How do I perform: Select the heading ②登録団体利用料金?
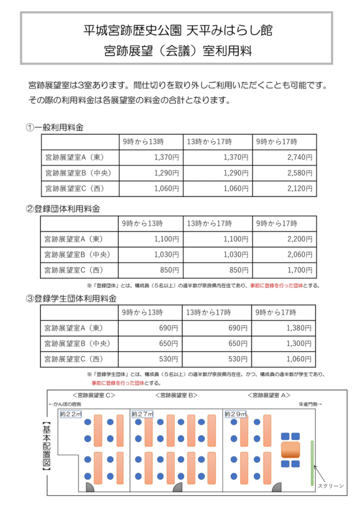pyautogui.click(x=67, y=209)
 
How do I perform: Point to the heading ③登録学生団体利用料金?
pyautogui.click(x=71, y=299)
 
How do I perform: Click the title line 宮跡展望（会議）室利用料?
pyautogui.click(x=177, y=51)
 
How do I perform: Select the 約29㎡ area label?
pyautogui.click(x=236, y=414)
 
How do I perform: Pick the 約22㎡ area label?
pyautogui.click(x=71, y=414)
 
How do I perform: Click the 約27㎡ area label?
pyautogui.click(x=143, y=414)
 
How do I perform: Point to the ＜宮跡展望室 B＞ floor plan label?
pyautogui.click(x=177, y=395)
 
